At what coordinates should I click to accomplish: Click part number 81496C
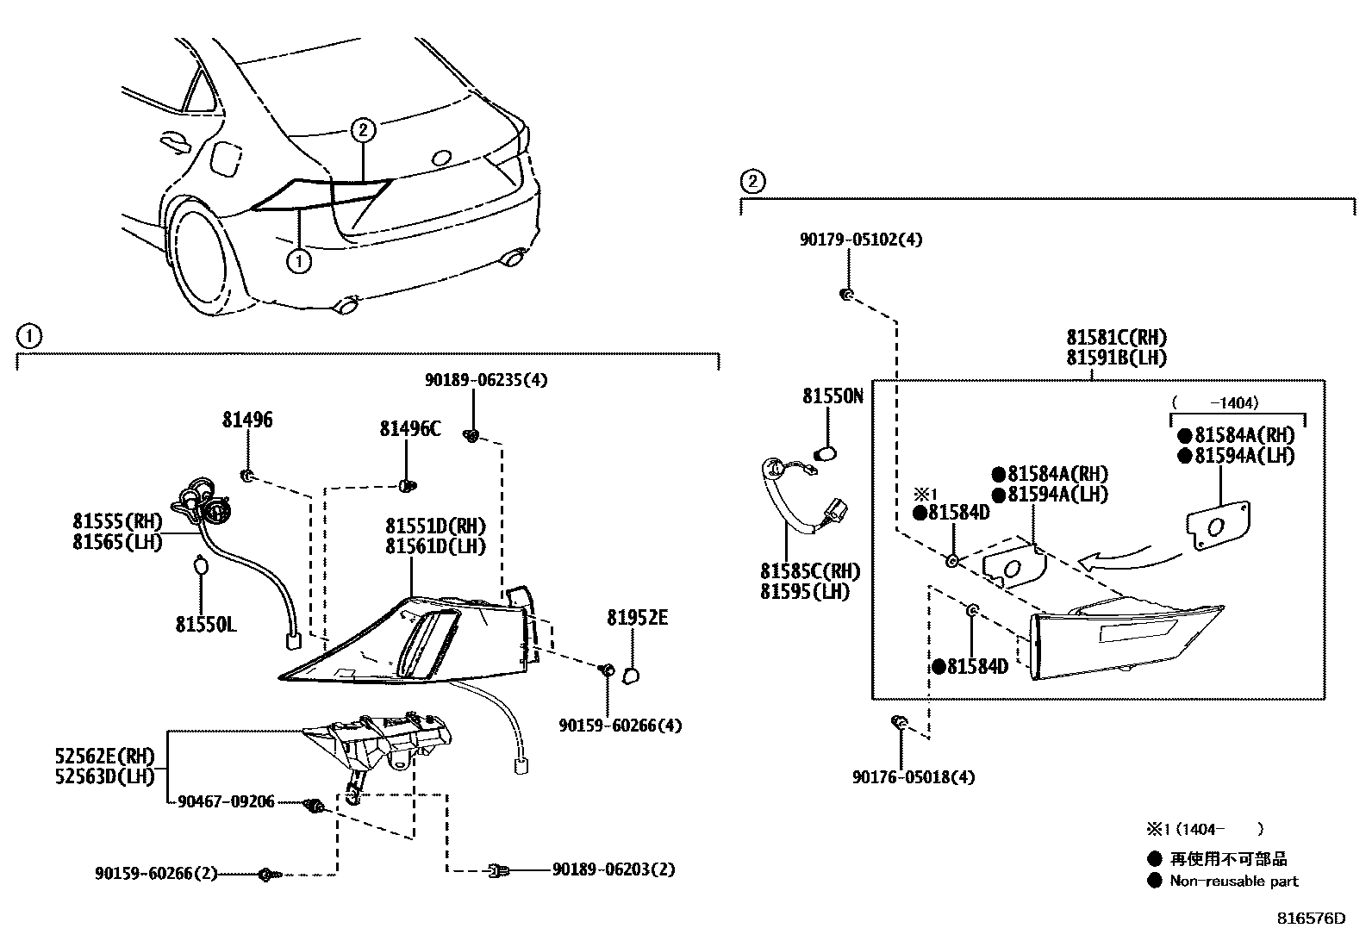pyautogui.click(x=409, y=428)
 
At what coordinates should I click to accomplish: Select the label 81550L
pyautogui.click(x=205, y=624)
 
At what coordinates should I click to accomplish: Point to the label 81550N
pyautogui.click(x=832, y=396)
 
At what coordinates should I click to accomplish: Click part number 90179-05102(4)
pyautogui.click(x=860, y=240)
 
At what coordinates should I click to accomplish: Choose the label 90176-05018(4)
pyautogui.click(x=914, y=777)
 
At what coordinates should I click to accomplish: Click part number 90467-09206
pyautogui.click(x=226, y=802)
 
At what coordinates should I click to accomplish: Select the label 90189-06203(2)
pyautogui.click(x=613, y=869)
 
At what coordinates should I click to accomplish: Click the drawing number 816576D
pyautogui.click(x=1310, y=919)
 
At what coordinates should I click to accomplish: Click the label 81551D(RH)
pyautogui.click(x=434, y=526)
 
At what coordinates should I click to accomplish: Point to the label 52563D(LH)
pyautogui.click(x=104, y=776)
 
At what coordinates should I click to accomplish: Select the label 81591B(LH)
pyautogui.click(x=1116, y=358)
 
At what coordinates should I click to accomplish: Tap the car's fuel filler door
pyautogui.click(x=225, y=159)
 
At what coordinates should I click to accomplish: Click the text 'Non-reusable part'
pyautogui.click(x=1233, y=881)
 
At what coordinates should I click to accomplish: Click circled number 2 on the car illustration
pyautogui.click(x=363, y=130)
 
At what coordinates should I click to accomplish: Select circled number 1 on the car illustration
pyautogui.click(x=298, y=260)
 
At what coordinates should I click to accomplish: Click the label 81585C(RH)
pyautogui.click(x=809, y=571)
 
